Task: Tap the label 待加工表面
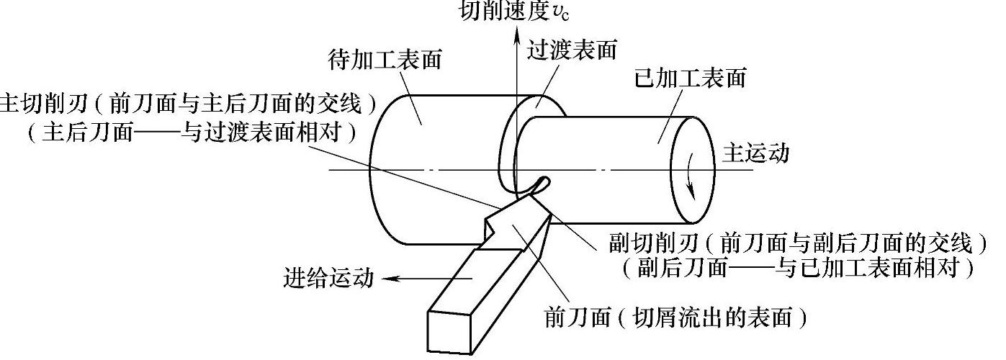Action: click(385, 60)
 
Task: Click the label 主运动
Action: click(755, 153)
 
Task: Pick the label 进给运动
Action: click(328, 278)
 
